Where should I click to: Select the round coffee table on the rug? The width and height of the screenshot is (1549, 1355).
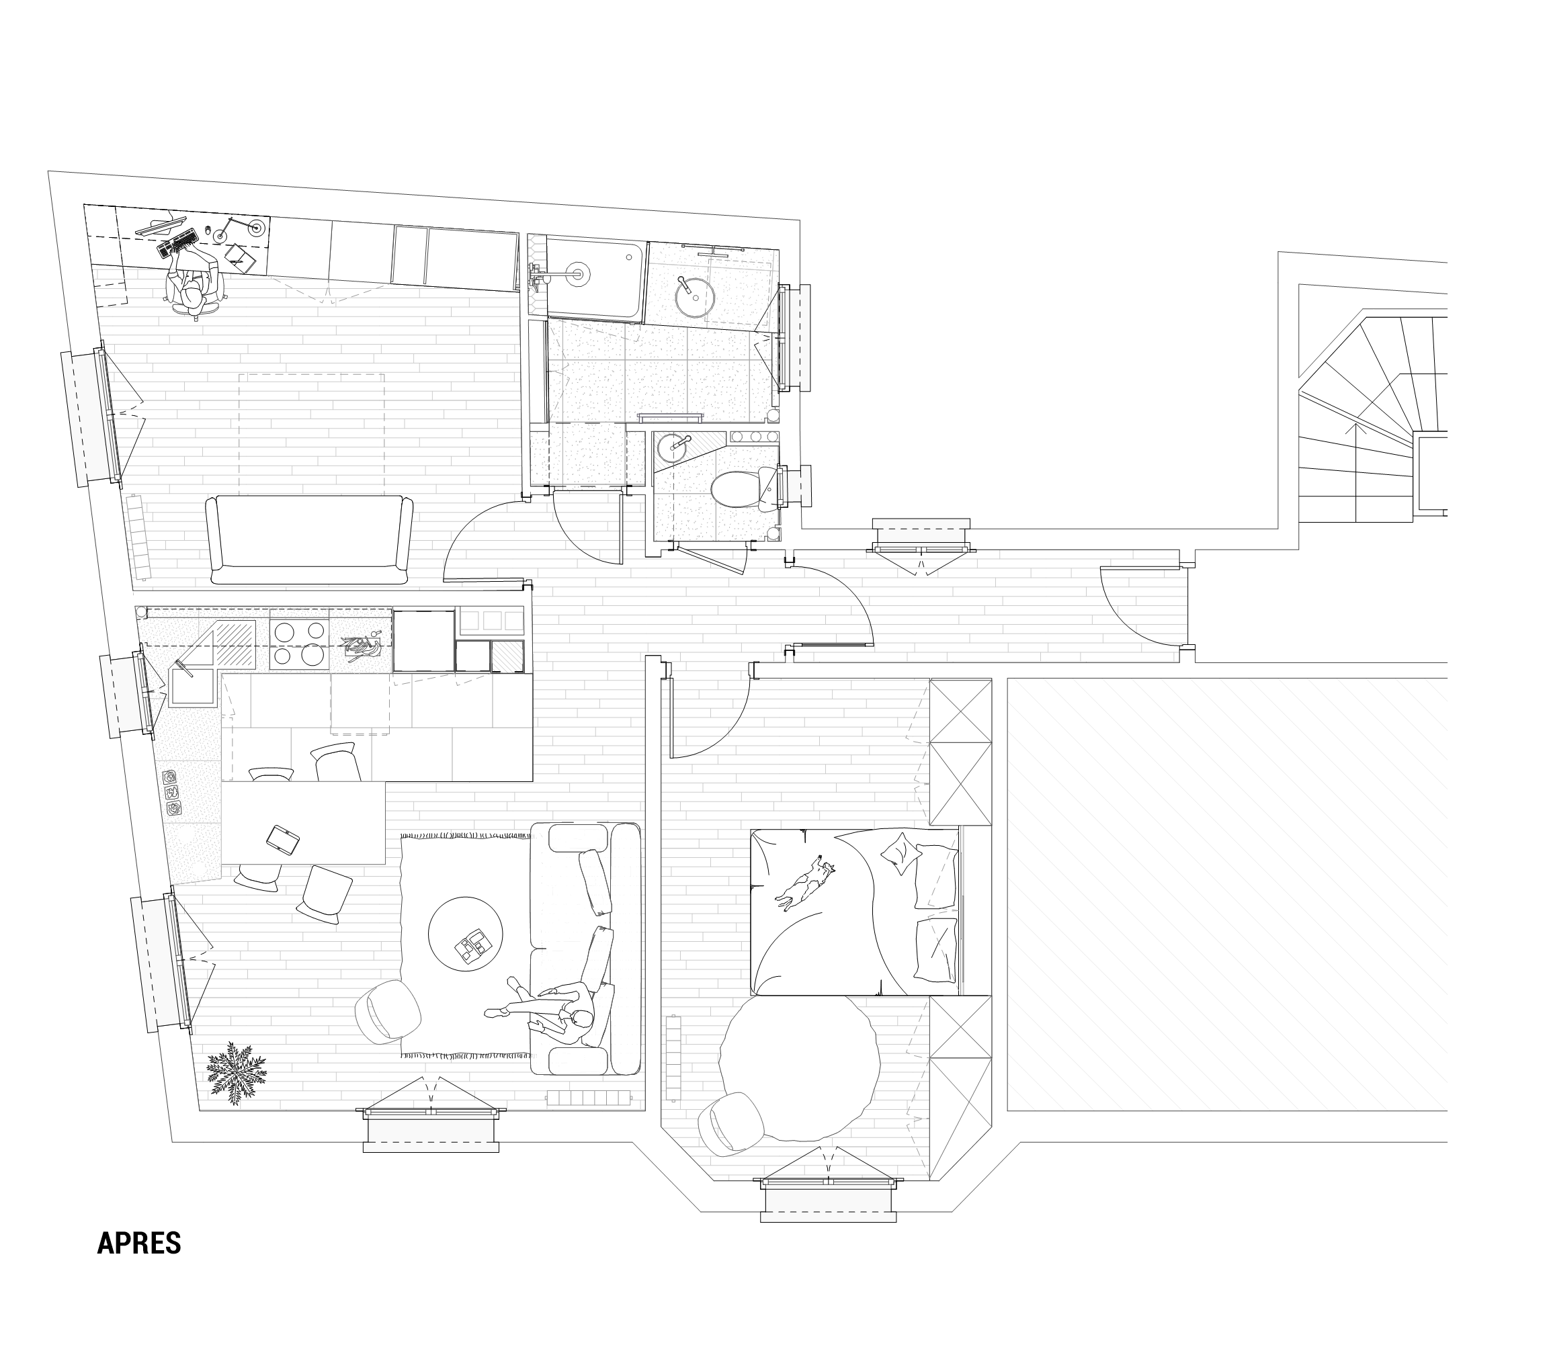[465, 934]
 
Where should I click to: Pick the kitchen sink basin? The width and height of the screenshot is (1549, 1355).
[194, 686]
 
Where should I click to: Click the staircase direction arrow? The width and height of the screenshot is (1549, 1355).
[1355, 471]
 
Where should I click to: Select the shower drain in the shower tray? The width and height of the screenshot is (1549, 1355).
[579, 273]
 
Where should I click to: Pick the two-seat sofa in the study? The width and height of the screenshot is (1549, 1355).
[308, 540]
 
